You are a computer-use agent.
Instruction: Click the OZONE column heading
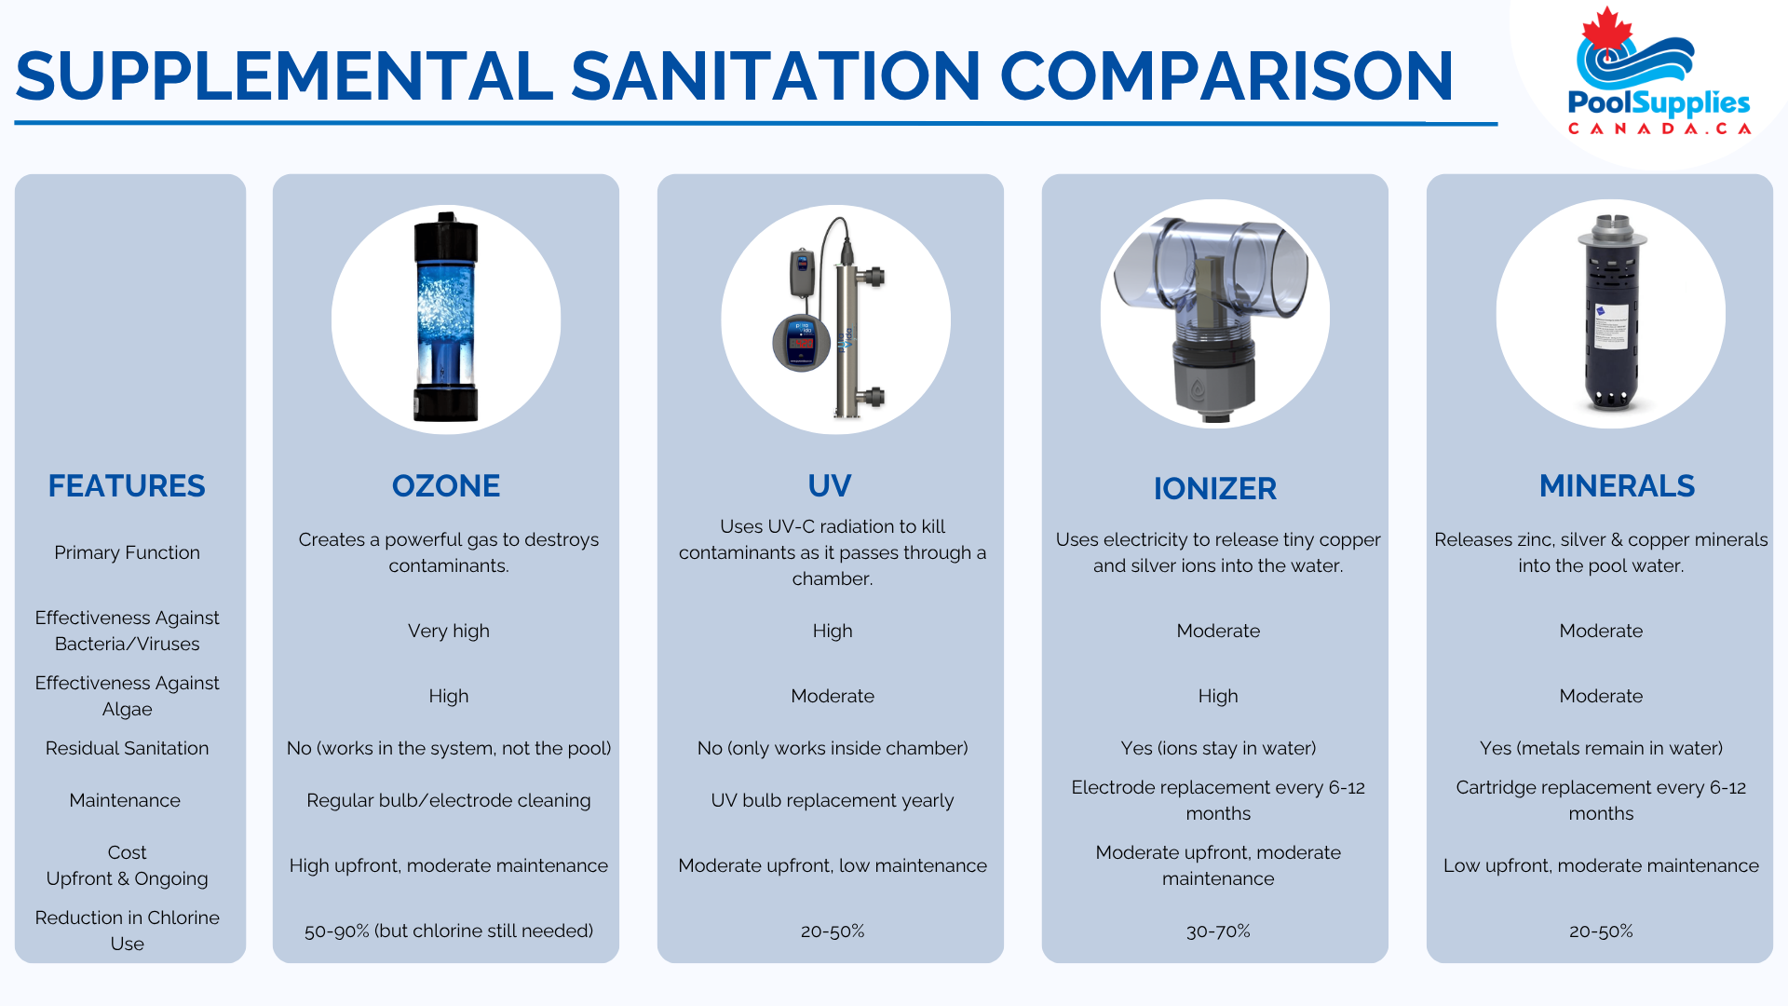point(446,486)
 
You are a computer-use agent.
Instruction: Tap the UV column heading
point(830,486)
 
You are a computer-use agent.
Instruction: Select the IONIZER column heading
point(1215,489)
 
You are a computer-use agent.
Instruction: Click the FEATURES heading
point(127,486)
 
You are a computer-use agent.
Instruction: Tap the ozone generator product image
point(446,318)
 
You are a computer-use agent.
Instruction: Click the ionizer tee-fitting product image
point(1215,315)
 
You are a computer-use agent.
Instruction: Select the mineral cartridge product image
point(1611,315)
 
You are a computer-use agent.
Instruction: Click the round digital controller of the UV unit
point(801,343)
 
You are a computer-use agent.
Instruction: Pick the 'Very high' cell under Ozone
point(449,632)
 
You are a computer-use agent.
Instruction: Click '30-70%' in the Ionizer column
point(1218,931)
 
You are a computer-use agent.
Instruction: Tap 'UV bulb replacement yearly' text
point(833,801)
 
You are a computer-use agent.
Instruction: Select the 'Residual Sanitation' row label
point(128,749)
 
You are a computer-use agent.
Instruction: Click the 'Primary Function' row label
point(128,553)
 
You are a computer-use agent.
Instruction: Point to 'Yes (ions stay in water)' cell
point(1218,749)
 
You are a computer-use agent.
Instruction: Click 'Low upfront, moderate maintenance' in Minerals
point(1601,866)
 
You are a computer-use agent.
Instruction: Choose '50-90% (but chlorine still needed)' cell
point(449,931)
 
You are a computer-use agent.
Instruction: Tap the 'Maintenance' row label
point(125,801)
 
